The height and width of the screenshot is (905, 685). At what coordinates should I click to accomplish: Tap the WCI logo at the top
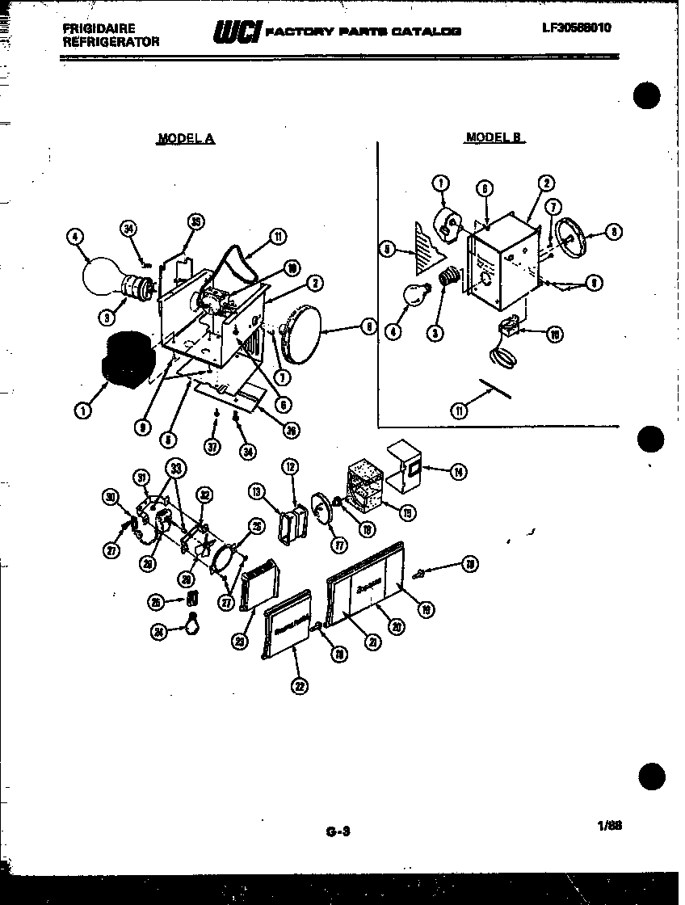pyautogui.click(x=236, y=32)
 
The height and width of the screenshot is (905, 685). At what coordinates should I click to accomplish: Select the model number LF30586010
pyautogui.click(x=577, y=27)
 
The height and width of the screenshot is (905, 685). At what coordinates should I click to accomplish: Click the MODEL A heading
pyautogui.click(x=186, y=138)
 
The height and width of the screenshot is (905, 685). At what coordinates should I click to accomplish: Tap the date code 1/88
pyautogui.click(x=609, y=825)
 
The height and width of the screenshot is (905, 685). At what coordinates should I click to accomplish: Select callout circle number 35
pyautogui.click(x=194, y=222)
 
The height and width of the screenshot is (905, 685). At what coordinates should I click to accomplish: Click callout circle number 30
pyautogui.click(x=111, y=497)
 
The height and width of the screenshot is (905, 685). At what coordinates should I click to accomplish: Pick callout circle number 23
pyautogui.click(x=240, y=641)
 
